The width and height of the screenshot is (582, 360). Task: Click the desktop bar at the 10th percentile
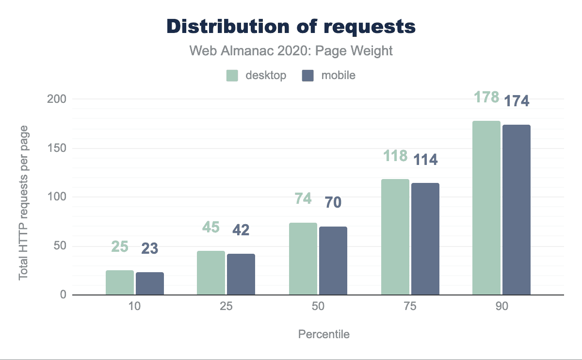(120, 282)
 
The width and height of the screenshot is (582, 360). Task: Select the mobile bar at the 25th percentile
(241, 274)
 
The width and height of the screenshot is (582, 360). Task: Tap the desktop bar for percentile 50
(303, 259)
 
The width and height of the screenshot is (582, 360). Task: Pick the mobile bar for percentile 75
(425, 239)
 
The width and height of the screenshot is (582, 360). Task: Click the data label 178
(486, 97)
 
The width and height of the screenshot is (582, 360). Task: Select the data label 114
(425, 159)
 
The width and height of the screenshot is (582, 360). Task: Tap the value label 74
(303, 198)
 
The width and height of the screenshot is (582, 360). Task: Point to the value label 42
(241, 229)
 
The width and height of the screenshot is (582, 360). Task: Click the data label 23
(150, 249)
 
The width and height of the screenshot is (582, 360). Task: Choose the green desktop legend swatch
(232, 76)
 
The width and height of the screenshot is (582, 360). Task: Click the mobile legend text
(338, 76)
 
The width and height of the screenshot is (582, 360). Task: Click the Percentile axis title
(323, 334)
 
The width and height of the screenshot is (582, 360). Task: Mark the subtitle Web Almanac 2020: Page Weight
(291, 50)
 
